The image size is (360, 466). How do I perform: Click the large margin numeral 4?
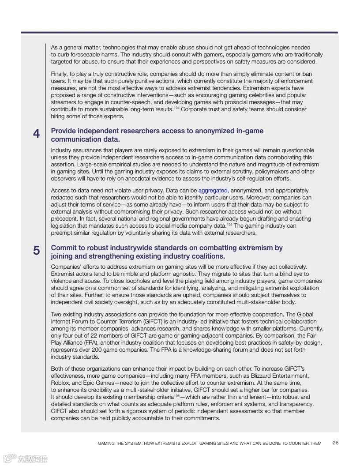click(36, 133)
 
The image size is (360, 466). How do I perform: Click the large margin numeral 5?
click(36, 250)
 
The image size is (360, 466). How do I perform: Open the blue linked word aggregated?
click(213, 191)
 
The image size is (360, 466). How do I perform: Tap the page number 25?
click(336, 443)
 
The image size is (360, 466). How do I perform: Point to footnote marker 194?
click(176, 108)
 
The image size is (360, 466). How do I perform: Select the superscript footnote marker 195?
click(229, 224)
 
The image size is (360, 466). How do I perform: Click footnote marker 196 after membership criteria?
click(176, 395)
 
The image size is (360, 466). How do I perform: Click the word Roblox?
click(60, 383)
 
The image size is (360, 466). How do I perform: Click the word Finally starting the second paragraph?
click(60, 74)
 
